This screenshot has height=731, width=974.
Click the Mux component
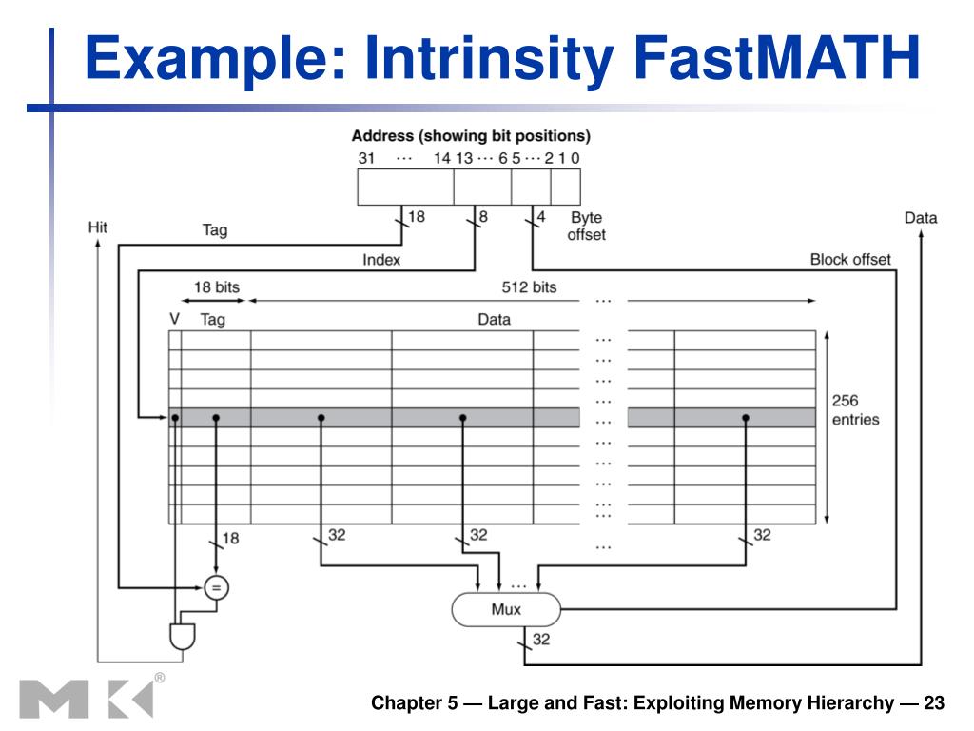[x=505, y=610]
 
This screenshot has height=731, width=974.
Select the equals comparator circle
[x=216, y=587]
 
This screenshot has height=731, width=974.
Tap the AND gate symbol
[x=181, y=635]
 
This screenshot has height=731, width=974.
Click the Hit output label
[x=97, y=227]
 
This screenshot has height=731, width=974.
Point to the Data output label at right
[x=920, y=218]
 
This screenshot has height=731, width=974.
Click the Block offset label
[x=849, y=259]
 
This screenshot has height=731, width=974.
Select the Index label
[x=381, y=259]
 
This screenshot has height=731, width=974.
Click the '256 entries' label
[x=855, y=410]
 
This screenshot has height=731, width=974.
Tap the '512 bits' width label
[x=529, y=286]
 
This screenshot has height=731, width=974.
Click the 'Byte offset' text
[x=586, y=226]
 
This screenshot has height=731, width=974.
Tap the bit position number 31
[x=366, y=158]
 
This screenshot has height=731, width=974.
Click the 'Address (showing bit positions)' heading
[x=471, y=135]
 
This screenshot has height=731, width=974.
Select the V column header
[x=174, y=320]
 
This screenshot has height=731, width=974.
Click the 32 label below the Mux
[x=540, y=640]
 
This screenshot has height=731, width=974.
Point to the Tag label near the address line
[x=215, y=229]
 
